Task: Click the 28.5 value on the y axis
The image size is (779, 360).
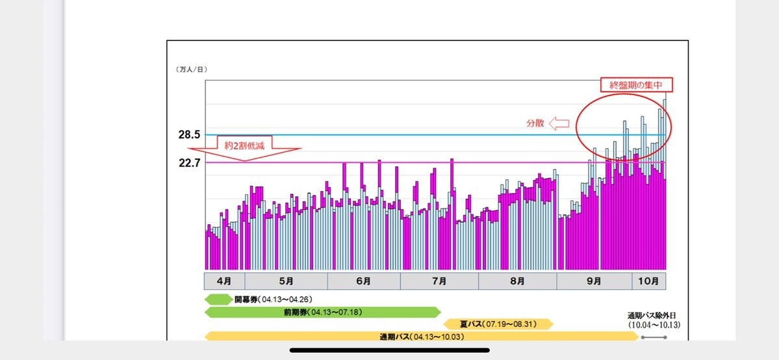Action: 189,135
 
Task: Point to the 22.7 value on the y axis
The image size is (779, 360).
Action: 189,163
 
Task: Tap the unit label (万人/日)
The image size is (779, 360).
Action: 192,70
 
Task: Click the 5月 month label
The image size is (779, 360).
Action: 286,281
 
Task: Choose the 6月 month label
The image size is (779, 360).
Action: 364,281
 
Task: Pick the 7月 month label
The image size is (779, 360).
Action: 439,281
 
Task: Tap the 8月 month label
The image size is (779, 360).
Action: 517,281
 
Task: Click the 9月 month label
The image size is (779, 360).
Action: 594,281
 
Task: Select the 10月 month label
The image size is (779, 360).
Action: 648,281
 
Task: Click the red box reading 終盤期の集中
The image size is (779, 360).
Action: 635,85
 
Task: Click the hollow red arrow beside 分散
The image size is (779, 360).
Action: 559,123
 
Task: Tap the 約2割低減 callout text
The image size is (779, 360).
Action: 244,144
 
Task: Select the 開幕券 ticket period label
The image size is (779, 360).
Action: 246,300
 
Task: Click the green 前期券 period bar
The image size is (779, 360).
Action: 322,312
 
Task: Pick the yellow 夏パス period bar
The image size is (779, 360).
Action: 498,324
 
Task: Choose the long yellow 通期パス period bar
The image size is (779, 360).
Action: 421,337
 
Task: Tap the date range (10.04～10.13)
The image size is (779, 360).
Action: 654,325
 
